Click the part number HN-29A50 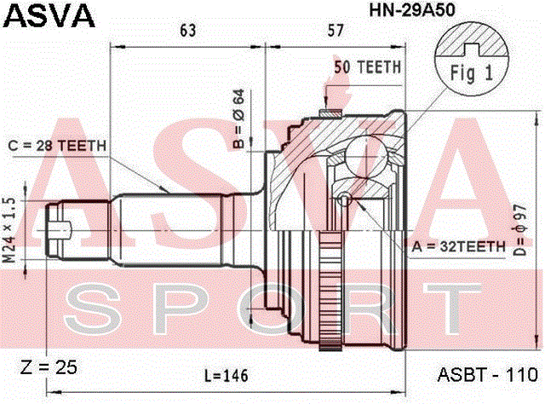pyautogui.click(x=412, y=10)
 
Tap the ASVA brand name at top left pyautogui.click(x=49, y=16)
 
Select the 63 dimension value pyautogui.click(x=188, y=31)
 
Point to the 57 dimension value pyautogui.click(x=336, y=31)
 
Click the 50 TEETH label pyautogui.click(x=367, y=67)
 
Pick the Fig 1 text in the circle pyautogui.click(x=472, y=73)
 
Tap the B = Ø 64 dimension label pyautogui.click(x=238, y=119)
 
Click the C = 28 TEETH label pyautogui.click(x=57, y=146)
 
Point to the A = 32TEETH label pyautogui.click(x=458, y=246)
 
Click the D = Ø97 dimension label pyautogui.click(x=520, y=230)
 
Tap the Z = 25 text pyautogui.click(x=49, y=367)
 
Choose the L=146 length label pyautogui.click(x=227, y=376)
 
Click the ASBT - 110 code pyautogui.click(x=488, y=375)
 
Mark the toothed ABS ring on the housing pyautogui.click(x=330, y=290)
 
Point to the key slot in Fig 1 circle pyautogui.click(x=472, y=49)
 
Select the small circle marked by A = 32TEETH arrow pyautogui.click(x=345, y=199)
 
